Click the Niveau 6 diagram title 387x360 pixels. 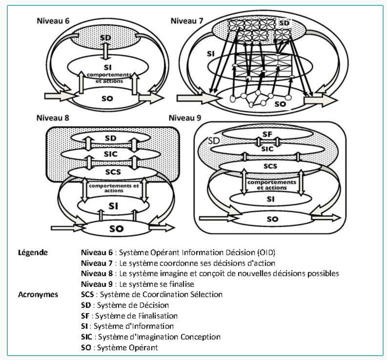click(53, 21)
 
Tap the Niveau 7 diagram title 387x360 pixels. click(187, 21)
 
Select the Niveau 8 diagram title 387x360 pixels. click(53, 118)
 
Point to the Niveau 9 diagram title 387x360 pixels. click(185, 118)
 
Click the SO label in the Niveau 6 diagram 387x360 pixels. click(107, 99)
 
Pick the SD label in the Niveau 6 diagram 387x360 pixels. click(105, 38)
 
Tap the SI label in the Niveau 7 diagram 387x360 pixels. click(211, 54)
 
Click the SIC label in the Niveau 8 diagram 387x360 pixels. click(111, 154)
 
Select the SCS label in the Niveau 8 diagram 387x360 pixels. click(113, 172)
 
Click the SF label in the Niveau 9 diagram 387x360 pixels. click(267, 134)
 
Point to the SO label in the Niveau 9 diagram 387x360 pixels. click(272, 219)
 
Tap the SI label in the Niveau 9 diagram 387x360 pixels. click(270, 199)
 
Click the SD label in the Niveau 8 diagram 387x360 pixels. click(111, 138)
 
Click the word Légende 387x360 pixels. click(33, 253)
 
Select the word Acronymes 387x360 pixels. click(38, 295)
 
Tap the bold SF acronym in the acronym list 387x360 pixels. click(85, 316)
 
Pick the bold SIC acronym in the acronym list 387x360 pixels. click(87, 337)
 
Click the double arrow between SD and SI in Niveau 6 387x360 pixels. click(105, 51)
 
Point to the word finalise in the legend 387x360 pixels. click(181, 284)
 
